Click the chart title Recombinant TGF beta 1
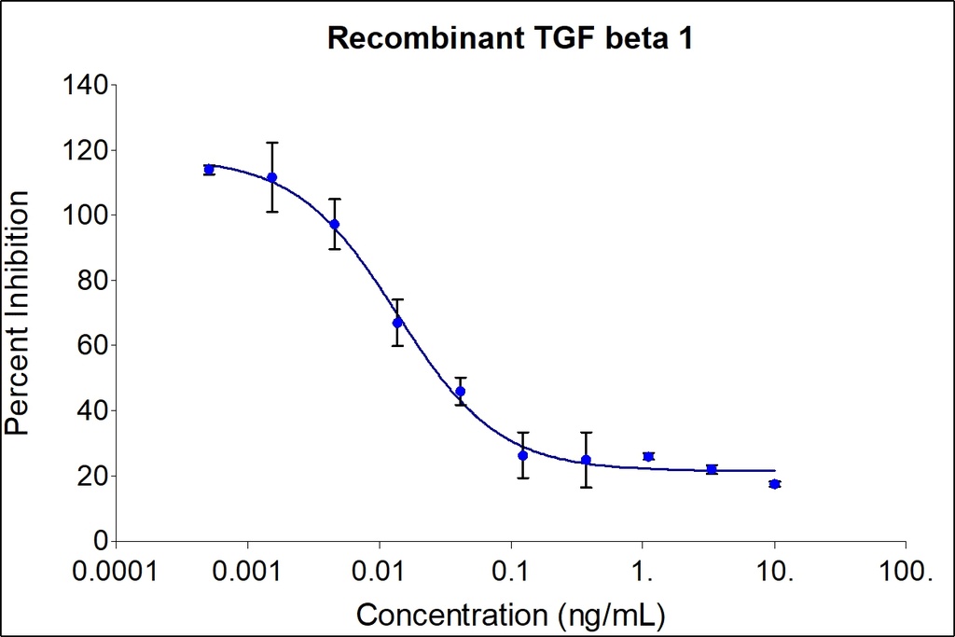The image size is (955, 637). [x=509, y=38]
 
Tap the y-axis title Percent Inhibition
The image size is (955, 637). [x=17, y=312]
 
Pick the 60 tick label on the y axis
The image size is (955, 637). [x=92, y=346]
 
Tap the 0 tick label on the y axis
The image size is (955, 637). [x=101, y=541]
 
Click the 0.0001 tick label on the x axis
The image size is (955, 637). [x=116, y=571]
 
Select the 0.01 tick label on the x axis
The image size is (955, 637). [x=379, y=571]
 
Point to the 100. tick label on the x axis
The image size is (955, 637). [x=905, y=571]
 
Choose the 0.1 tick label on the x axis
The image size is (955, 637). [x=511, y=571]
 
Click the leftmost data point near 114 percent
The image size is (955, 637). [x=209, y=170]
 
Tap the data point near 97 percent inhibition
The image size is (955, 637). [x=335, y=225]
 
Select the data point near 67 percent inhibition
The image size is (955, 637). [x=397, y=323]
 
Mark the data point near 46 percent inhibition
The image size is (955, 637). [x=460, y=392]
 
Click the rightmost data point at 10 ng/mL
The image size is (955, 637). [x=774, y=484]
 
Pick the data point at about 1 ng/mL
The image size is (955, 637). [x=648, y=456]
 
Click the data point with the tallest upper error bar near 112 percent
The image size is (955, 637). [x=271, y=177]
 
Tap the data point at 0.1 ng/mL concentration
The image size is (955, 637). [x=523, y=455]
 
